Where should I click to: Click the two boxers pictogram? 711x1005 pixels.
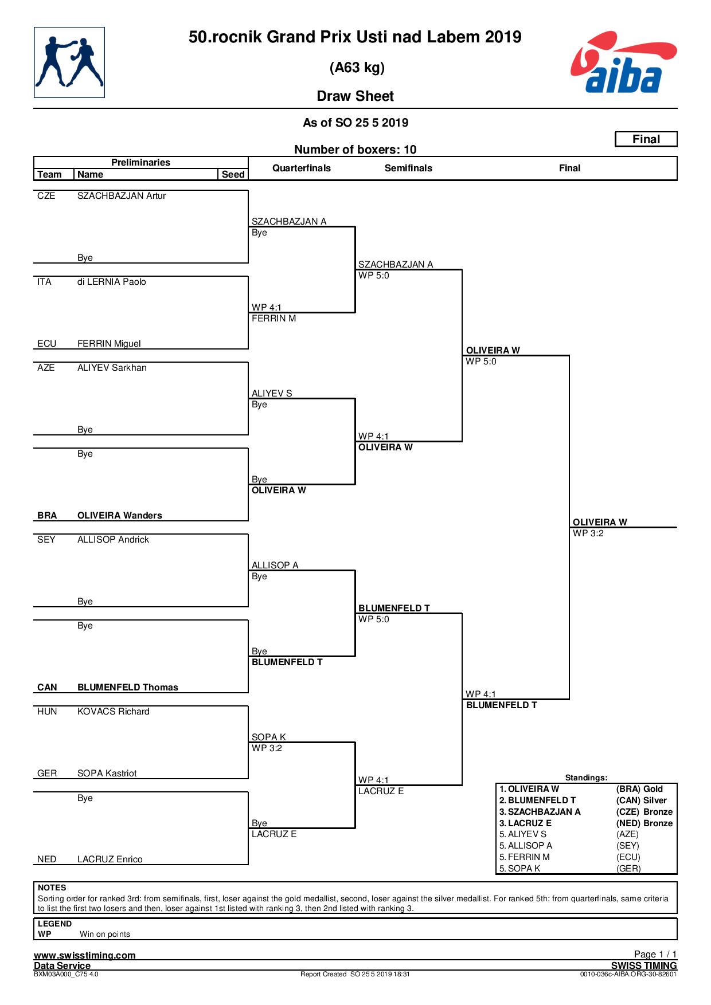69,62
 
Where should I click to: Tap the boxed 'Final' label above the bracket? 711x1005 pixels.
646,139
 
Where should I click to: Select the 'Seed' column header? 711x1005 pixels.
233,174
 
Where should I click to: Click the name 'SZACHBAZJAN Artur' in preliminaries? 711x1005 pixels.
122,196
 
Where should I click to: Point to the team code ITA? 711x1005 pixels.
44,282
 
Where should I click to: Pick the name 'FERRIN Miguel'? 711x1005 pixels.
109,344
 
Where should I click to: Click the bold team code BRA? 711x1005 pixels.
47,516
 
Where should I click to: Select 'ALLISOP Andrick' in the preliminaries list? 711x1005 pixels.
113,540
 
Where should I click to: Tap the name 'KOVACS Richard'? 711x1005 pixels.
114,712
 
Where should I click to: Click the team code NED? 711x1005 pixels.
47,859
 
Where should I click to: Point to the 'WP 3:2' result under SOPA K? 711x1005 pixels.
267,748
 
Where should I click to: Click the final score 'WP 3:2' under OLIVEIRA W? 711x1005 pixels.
588,533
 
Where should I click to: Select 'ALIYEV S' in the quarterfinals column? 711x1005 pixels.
272,393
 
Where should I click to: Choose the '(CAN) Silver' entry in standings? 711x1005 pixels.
642,800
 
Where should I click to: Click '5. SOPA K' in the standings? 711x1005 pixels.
520,869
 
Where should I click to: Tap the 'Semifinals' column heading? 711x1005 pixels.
408,168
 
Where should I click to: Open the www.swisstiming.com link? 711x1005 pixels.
85,955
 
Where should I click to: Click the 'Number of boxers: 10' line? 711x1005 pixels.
355,150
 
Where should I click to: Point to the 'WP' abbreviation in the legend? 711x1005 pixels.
44,934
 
